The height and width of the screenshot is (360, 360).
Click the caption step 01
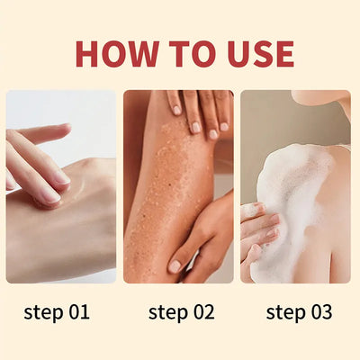pyautogui.click(x=58, y=312)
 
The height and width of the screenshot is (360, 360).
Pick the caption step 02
pyautogui.click(x=181, y=312)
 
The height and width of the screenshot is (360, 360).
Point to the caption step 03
pyautogui.click(x=300, y=312)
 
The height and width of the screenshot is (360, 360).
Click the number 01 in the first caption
pyautogui.click(x=78, y=312)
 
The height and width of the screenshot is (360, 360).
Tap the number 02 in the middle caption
pyautogui.click(x=202, y=312)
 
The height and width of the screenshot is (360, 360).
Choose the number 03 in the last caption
pyautogui.click(x=320, y=312)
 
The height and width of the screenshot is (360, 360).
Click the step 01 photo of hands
pyautogui.click(x=61, y=186)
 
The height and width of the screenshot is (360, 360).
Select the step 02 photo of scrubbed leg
pyautogui.click(x=178, y=186)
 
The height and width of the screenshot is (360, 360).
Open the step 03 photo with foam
pyautogui.click(x=295, y=186)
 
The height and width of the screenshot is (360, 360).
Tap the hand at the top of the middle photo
pyautogui.click(x=198, y=112)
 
